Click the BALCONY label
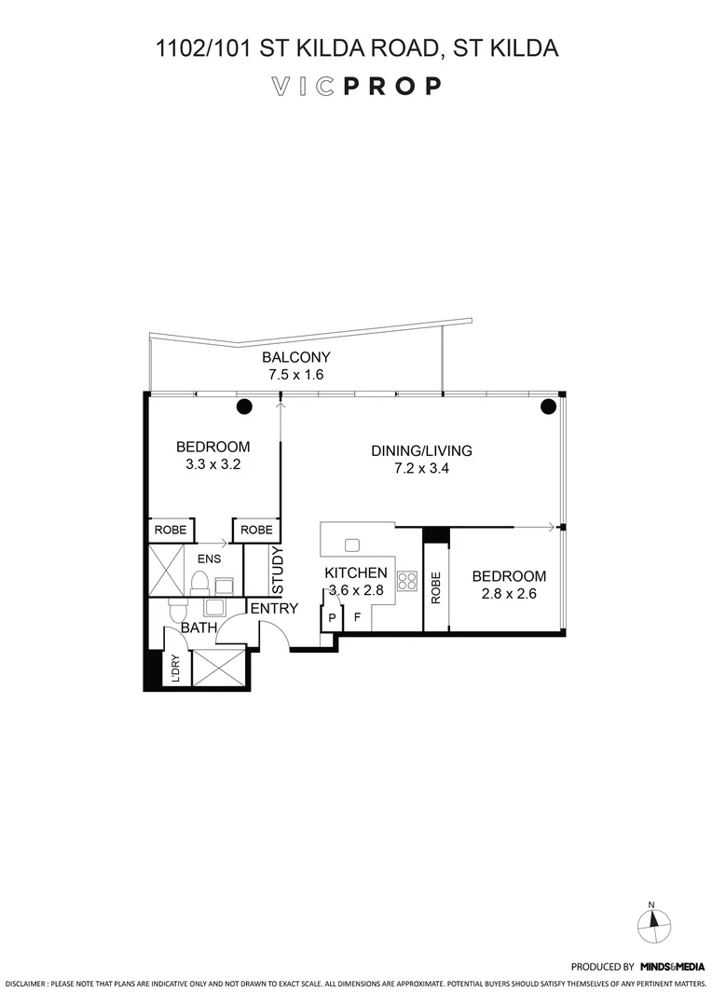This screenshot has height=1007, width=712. (295, 358)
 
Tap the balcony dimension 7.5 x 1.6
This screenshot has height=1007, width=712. (295, 375)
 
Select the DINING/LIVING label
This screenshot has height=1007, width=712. (421, 451)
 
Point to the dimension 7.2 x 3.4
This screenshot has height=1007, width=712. (421, 469)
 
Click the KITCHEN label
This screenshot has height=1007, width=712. (355, 572)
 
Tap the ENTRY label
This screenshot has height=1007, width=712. (274, 609)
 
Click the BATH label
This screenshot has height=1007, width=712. (199, 628)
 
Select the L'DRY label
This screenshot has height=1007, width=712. (174, 668)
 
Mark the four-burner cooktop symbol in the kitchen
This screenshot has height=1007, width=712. (406, 582)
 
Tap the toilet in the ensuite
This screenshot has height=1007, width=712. (198, 583)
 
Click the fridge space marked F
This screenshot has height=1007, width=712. (357, 617)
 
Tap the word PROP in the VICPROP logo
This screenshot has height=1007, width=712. (391, 87)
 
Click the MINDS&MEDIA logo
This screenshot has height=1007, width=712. (671, 967)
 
